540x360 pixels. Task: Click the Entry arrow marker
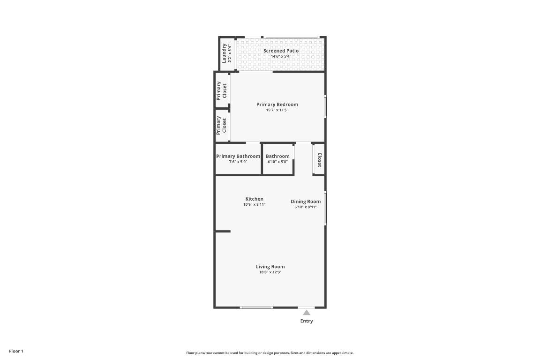[306, 312]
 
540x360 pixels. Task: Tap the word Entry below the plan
[307, 321]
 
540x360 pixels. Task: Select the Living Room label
[270, 267]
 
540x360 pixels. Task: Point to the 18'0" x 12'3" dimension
[270, 272]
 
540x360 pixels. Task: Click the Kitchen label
[255, 199]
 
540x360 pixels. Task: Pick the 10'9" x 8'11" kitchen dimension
[255, 204]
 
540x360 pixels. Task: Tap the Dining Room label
[306, 202]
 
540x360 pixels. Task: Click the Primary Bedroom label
[277, 105]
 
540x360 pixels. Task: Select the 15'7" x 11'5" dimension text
[277, 110]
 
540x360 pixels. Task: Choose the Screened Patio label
[281, 51]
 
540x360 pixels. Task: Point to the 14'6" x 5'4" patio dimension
[281, 56]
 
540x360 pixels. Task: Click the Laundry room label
[225, 53]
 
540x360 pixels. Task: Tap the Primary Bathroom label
[238, 156]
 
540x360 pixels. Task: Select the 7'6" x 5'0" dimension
[238, 162]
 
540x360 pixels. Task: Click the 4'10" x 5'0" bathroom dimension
[277, 162]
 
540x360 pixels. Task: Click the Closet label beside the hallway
[320, 160]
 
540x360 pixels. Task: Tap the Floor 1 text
[16, 351]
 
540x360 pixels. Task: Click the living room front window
[257, 307]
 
